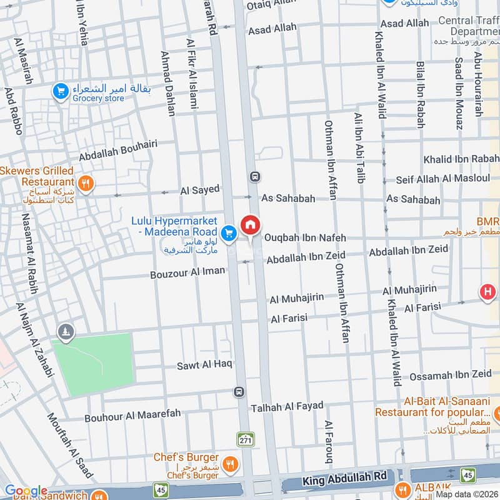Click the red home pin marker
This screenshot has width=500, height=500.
coord(250,225)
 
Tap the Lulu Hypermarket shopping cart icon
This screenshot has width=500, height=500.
coord(229,232)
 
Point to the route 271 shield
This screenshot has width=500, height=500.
coord(245,439)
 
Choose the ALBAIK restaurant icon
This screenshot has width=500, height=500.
coord(403,489)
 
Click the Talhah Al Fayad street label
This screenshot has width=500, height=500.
coord(287,407)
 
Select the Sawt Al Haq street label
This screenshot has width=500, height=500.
coord(204,364)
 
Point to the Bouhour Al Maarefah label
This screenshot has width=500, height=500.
coord(132,414)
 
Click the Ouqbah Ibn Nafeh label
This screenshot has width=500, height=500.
coord(304,237)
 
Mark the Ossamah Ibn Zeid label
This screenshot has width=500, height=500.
coord(450,375)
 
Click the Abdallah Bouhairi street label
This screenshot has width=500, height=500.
coord(117,151)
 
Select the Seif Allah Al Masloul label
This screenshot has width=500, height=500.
coord(442,179)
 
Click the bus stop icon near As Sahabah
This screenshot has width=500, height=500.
coord(254,177)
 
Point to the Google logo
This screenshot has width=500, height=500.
coord(26,491)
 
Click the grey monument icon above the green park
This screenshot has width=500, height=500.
coord(65,331)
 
